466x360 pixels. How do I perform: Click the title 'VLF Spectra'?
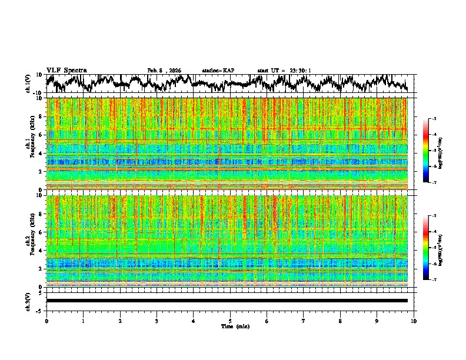66,71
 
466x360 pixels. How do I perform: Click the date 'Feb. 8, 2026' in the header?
164,71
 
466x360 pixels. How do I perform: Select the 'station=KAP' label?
218,71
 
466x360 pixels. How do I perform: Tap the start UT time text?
284,71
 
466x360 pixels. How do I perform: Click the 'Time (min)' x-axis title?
230,326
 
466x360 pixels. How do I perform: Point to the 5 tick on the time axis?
230,321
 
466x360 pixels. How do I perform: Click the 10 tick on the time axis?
414,321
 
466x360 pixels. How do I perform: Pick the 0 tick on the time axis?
46,321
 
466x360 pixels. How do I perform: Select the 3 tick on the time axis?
157,321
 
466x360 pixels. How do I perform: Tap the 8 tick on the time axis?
340,321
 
